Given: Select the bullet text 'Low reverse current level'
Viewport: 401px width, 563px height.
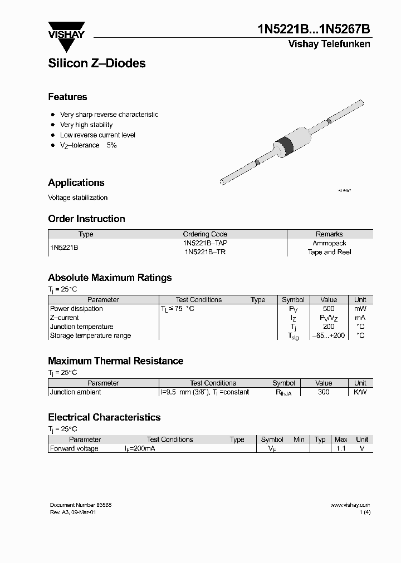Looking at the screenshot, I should click(97, 135).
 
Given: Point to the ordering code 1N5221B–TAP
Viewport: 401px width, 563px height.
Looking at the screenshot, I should click(205, 243).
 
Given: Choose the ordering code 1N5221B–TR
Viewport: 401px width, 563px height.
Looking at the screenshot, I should click(205, 252).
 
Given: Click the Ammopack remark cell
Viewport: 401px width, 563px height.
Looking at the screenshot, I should click(329, 243).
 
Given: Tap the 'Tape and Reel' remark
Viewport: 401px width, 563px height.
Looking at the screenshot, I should click(329, 252).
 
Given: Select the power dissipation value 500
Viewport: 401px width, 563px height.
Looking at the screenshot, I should click(329, 309).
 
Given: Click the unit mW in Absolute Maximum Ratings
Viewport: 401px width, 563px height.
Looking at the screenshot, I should click(360, 309).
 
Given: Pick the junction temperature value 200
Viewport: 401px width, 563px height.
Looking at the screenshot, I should click(329, 327).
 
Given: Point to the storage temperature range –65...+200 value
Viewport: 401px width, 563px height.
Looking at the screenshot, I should click(329, 335).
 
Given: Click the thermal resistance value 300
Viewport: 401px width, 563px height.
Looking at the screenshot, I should click(324, 392).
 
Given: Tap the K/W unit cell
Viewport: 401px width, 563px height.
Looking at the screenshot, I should click(360, 392).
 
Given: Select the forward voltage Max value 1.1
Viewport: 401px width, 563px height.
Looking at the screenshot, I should click(340, 448).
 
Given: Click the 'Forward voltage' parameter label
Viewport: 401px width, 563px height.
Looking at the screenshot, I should click(74, 448).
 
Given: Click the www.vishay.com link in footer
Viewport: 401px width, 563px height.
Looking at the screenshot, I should click(350, 505).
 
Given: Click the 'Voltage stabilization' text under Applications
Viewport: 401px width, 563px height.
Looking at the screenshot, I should click(78, 197).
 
